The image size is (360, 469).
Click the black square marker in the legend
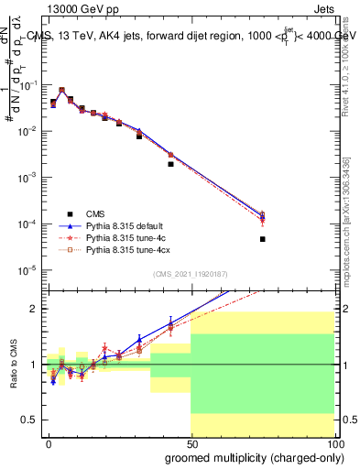coord(69,213)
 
